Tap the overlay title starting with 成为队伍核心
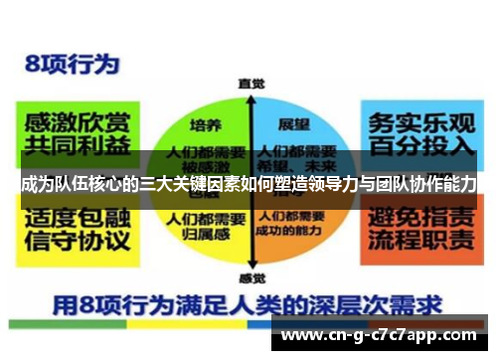pos(248,184)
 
